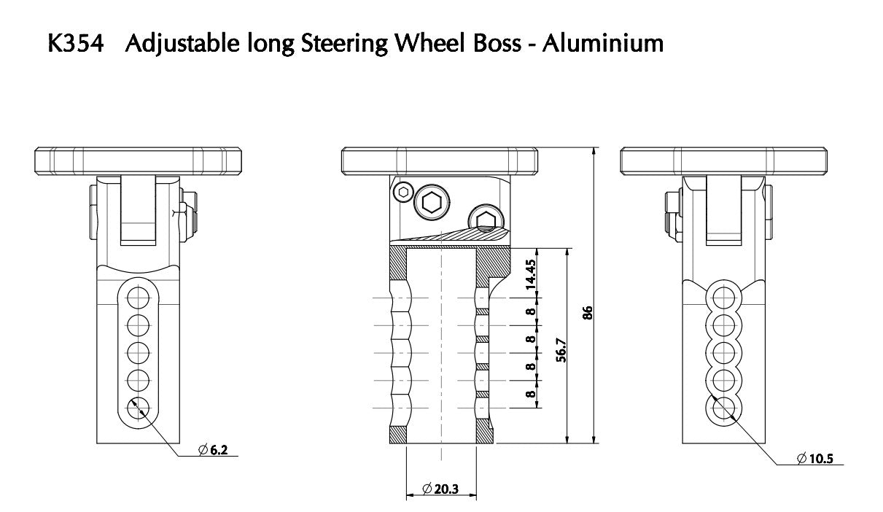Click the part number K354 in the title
77,44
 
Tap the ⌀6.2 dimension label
214,451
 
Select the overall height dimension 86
588,311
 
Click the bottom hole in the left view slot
138,408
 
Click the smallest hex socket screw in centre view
402,193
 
